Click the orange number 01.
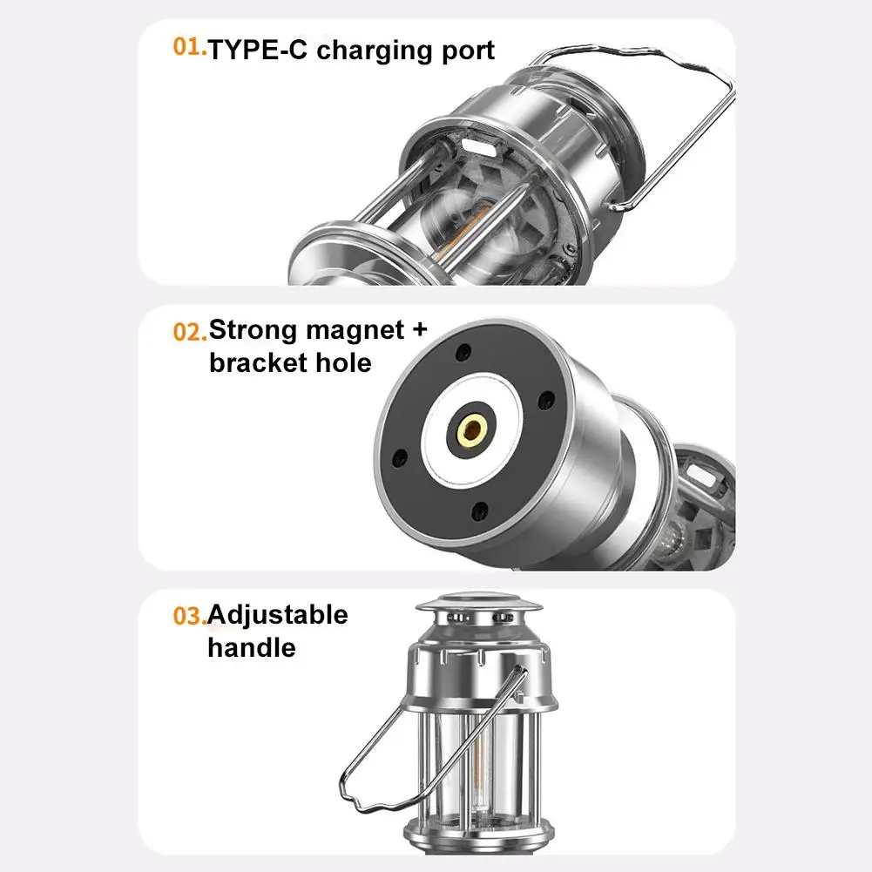pyautogui.click(x=190, y=47)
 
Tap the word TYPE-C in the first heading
pyautogui.click(x=258, y=50)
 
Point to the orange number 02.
pyautogui.click(x=190, y=331)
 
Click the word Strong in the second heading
pyautogui.click(x=252, y=330)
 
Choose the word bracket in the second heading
pyautogui.click(x=259, y=363)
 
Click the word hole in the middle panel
pyautogui.click(x=344, y=363)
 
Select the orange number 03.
pyautogui.click(x=190, y=616)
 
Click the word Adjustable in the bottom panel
pyautogui.click(x=278, y=616)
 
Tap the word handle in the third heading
pyautogui.click(x=252, y=648)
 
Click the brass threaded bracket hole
pyautogui.click(x=472, y=429)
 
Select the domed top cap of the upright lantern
pyautogui.click(x=478, y=604)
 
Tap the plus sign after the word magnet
pyautogui.click(x=419, y=330)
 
